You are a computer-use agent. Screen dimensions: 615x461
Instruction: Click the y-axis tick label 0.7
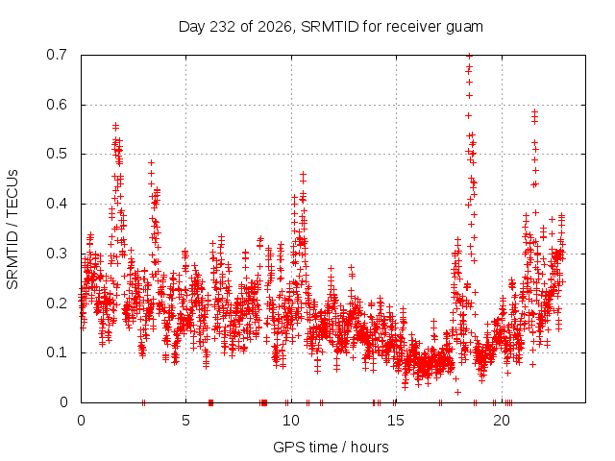(x=57, y=55)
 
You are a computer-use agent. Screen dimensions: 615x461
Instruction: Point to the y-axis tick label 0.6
(x=57, y=105)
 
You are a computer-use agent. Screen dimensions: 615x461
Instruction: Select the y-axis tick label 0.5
(x=57, y=154)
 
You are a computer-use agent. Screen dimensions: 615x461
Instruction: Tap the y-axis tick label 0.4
(x=57, y=204)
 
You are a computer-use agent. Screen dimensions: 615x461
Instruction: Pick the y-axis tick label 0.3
(x=57, y=254)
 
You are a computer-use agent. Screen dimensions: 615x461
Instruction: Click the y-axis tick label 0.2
(x=57, y=303)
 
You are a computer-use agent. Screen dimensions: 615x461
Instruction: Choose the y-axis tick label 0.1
(x=57, y=352)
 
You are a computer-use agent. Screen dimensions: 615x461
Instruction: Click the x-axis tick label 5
(x=185, y=421)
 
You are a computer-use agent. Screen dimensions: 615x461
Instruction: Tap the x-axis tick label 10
(x=291, y=421)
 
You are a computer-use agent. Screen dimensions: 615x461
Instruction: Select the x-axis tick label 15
(x=396, y=421)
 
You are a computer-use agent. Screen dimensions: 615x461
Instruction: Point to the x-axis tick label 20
(x=502, y=421)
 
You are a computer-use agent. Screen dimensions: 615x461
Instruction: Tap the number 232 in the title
(x=223, y=27)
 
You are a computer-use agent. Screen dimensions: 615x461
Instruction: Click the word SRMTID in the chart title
(x=330, y=27)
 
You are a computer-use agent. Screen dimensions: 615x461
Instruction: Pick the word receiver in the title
(x=414, y=27)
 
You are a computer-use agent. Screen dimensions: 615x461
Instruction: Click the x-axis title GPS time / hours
(x=331, y=448)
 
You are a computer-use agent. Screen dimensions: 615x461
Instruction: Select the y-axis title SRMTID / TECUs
(x=12, y=230)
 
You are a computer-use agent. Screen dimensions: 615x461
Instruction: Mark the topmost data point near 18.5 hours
(x=469, y=56)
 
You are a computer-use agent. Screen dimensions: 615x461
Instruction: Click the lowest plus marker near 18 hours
(x=457, y=392)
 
